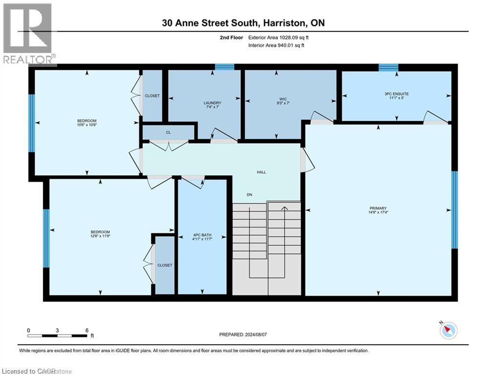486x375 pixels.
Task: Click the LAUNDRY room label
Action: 212,103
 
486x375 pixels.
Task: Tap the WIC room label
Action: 280,103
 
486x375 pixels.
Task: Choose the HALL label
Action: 262,172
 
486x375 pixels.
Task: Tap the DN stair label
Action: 249,195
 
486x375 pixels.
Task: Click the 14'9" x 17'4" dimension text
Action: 379,212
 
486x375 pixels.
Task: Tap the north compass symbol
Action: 447,330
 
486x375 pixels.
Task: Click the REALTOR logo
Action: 28,34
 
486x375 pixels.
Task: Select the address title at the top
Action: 243,23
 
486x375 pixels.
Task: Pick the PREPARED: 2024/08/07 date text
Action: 243,334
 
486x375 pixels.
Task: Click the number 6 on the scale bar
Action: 87,330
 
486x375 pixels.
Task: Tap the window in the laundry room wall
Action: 225,67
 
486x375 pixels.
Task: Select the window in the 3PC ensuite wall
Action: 388,67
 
